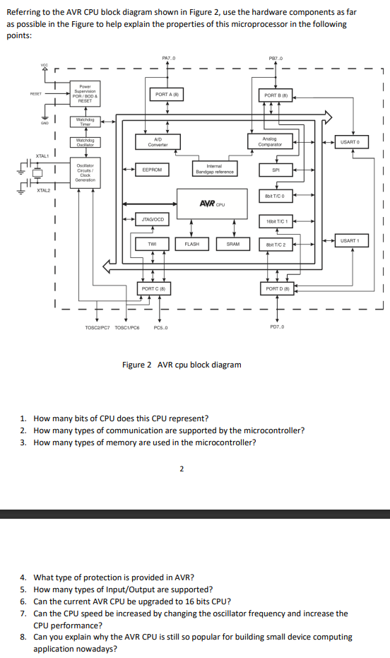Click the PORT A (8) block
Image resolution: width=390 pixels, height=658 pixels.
coord(167,94)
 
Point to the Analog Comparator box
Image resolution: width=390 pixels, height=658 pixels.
coord(269,141)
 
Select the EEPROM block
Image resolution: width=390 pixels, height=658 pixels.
coord(152,170)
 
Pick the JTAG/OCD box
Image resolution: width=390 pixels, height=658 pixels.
coord(152,220)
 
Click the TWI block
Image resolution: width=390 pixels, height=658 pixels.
coord(152,244)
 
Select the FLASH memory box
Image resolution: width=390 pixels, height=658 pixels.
coord(191,244)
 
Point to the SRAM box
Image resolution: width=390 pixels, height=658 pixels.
coord(233,244)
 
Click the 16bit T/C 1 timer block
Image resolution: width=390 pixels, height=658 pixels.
coord(276,221)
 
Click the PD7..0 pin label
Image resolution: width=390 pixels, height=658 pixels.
coord(277,327)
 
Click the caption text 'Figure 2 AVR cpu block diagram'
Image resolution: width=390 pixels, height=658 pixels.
coord(182,365)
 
